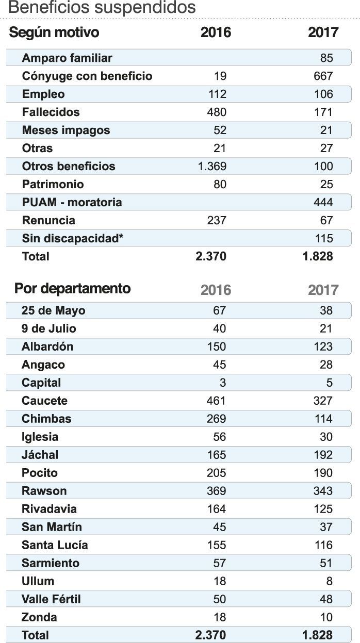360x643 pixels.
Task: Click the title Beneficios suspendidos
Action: click(102, 8)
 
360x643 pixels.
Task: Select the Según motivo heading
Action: click(54, 32)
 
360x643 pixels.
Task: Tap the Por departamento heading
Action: click(72, 288)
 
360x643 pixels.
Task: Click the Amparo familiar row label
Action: click(67, 58)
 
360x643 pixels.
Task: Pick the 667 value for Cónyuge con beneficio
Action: click(323, 76)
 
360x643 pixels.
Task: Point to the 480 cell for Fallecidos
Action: click(216, 112)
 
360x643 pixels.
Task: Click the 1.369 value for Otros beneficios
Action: click(212, 166)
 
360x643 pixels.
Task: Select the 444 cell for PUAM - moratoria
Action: click(323, 202)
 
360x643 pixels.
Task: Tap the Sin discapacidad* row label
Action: click(73, 238)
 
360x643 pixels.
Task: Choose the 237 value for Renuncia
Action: click(216, 220)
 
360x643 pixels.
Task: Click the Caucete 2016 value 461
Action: click(216, 401)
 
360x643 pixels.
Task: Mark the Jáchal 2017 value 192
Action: click(323, 455)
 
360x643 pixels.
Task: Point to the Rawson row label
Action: click(44, 491)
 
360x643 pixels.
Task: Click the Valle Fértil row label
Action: click(51, 599)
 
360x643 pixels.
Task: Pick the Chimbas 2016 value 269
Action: click(216, 419)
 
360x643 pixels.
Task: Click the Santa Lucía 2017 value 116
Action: click(323, 545)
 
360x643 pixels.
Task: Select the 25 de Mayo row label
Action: click(54, 310)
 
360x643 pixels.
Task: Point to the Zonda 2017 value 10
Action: click(326, 617)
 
